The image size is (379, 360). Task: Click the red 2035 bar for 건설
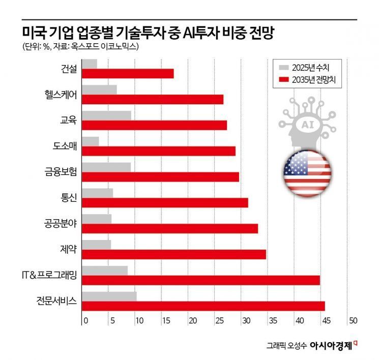(x=128, y=74)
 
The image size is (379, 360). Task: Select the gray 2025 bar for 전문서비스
(x=109, y=296)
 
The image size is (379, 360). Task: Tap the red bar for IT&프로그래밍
(x=200, y=280)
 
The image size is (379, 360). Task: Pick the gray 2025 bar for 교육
(x=106, y=115)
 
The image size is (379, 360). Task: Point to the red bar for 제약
(x=173, y=254)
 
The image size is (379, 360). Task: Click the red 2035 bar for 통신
(x=165, y=202)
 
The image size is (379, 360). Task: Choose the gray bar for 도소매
(x=91, y=141)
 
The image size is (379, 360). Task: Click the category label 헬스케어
(x=61, y=95)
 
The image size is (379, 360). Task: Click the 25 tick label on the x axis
(x=219, y=321)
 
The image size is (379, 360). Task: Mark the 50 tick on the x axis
(x=352, y=321)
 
